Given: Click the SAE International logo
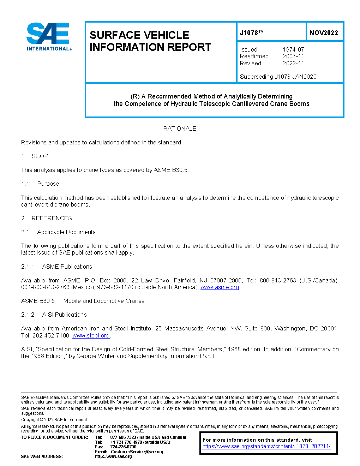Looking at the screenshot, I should [49, 37].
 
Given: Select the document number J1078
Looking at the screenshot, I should [252, 33].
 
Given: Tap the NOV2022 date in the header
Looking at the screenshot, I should [324, 33].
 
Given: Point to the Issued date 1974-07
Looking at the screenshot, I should [293, 49].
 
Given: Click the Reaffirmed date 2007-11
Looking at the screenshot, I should [293, 56].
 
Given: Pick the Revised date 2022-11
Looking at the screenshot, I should [293, 63].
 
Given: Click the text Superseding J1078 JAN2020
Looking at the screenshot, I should [278, 77].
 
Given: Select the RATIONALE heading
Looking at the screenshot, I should [180, 129].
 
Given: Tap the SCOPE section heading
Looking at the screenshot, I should [42, 156].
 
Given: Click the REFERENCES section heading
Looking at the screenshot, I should [52, 218].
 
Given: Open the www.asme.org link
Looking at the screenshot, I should [220, 287].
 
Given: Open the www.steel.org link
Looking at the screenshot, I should [91, 335].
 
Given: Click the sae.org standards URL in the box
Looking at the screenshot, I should [266, 446].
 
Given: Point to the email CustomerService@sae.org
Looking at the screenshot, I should [137, 452].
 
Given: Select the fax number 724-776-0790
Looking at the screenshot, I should [123, 447].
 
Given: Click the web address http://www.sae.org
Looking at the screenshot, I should [113, 456].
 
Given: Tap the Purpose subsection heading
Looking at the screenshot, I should [48, 184].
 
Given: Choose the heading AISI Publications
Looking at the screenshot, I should [64, 315].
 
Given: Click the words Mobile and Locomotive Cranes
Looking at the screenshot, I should [104, 301].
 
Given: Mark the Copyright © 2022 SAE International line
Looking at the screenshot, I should [54, 420].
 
